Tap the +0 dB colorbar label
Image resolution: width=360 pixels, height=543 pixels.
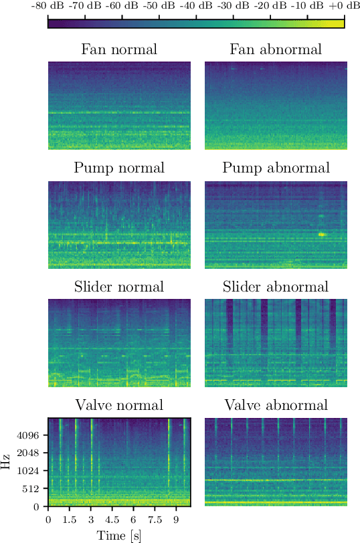click(x=344, y=6)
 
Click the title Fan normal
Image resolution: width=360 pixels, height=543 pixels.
click(x=119, y=49)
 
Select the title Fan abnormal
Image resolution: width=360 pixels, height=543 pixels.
click(x=276, y=49)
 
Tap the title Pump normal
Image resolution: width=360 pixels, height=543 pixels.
click(x=119, y=168)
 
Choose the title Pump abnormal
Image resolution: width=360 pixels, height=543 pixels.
click(x=276, y=168)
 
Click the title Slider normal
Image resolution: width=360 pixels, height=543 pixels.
click(x=119, y=287)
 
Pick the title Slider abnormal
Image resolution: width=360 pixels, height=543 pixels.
click(x=276, y=287)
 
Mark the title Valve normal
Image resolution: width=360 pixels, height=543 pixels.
click(x=119, y=405)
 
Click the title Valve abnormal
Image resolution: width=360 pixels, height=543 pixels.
click(x=276, y=405)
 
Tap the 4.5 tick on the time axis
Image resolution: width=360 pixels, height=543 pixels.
click(x=112, y=519)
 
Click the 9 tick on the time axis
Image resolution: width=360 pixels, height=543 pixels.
click(x=176, y=519)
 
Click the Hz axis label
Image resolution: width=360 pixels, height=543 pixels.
click(x=6, y=462)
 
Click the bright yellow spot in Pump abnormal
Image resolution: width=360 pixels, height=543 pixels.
click(x=323, y=234)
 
